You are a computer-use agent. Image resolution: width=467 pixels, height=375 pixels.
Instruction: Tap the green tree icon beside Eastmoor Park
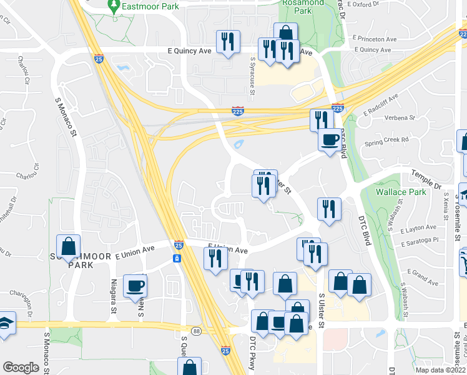(114, 6)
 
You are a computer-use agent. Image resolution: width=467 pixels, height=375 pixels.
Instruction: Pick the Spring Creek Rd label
(388, 140)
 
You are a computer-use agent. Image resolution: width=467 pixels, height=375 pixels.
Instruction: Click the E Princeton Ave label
(374, 39)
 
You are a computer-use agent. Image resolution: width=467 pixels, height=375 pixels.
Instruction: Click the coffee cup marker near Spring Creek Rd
(329, 140)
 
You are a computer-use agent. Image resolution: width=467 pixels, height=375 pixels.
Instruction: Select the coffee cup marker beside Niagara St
(134, 286)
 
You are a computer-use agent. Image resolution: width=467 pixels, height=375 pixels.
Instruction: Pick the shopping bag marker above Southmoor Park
(68, 245)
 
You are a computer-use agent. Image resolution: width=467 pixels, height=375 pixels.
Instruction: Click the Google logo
(21, 367)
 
